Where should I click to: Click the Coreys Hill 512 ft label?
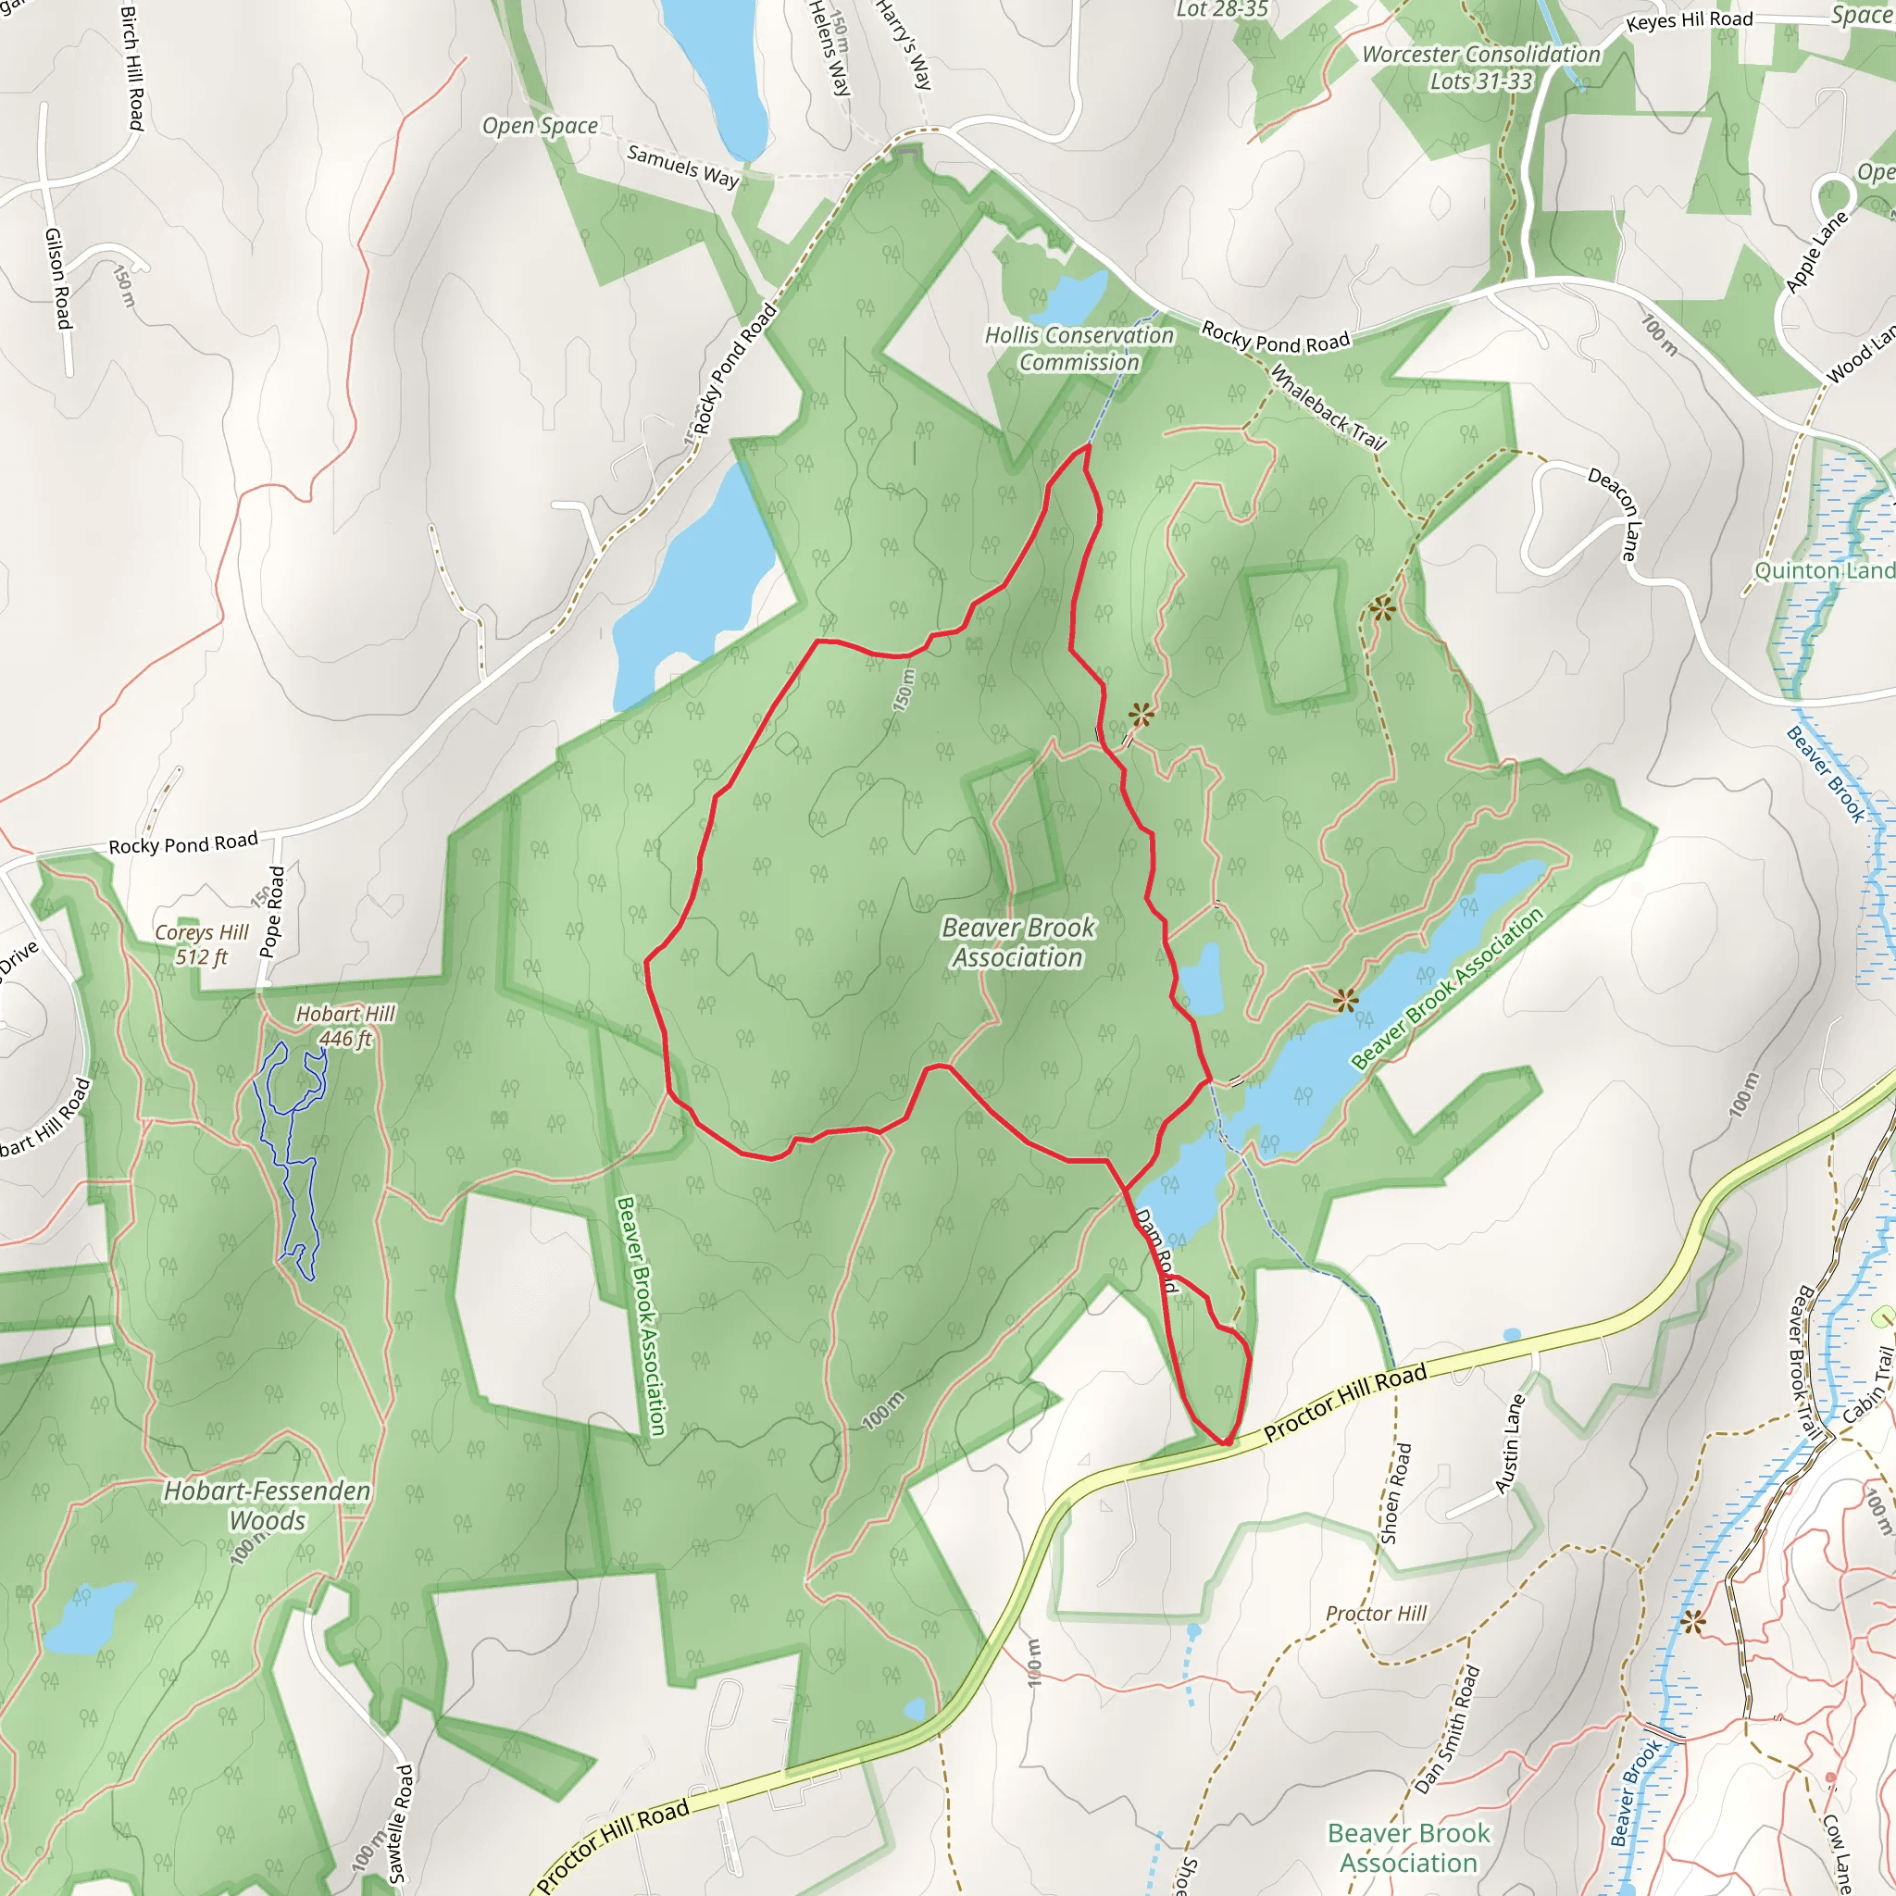(202, 944)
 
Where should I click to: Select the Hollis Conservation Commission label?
(1079, 348)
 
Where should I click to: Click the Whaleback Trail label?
(1328, 407)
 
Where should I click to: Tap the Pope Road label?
(272, 912)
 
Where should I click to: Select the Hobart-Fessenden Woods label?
(267, 1505)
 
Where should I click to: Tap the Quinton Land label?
(1824, 570)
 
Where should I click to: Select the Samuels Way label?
(683, 166)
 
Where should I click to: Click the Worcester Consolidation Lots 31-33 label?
(1481, 68)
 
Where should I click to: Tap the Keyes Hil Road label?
(1689, 20)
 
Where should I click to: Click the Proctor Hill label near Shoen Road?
(1376, 1614)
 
